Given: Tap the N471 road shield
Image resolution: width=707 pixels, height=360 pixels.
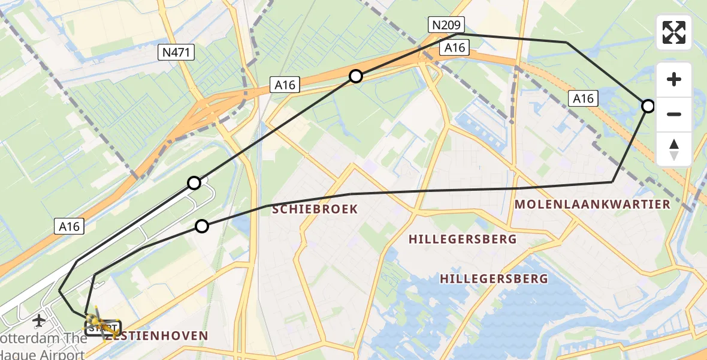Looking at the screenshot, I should pos(176,53).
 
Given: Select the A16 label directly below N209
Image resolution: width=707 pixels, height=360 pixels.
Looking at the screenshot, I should pos(455,48).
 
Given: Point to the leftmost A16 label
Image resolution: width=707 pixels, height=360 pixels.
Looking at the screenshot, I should pos(70,226).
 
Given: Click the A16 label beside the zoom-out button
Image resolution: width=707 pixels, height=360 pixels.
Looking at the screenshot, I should pos(583,98).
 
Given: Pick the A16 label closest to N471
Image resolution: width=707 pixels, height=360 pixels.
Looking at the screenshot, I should pos(285,85).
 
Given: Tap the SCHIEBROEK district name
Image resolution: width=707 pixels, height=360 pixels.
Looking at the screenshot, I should pos(315,209).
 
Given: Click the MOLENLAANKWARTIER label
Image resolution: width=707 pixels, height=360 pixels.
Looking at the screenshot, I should pos(592,204).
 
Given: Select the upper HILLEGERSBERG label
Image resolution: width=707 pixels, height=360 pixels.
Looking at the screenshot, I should pos(463,239).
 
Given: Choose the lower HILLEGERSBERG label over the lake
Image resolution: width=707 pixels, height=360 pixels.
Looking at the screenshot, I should pos(494,278).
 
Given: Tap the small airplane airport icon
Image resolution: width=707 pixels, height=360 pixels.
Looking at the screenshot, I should pos(40,320).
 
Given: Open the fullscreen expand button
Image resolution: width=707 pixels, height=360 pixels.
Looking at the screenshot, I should pos(674,32).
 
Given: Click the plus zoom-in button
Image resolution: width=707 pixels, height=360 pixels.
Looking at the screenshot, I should pos(674,79).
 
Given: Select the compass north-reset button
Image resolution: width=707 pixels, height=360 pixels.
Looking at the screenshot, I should pos(674,149).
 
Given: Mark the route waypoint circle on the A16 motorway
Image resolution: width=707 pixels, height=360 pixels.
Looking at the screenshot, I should pos(356,76).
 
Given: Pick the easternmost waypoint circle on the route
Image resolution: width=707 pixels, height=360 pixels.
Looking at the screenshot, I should pos(648,106).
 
